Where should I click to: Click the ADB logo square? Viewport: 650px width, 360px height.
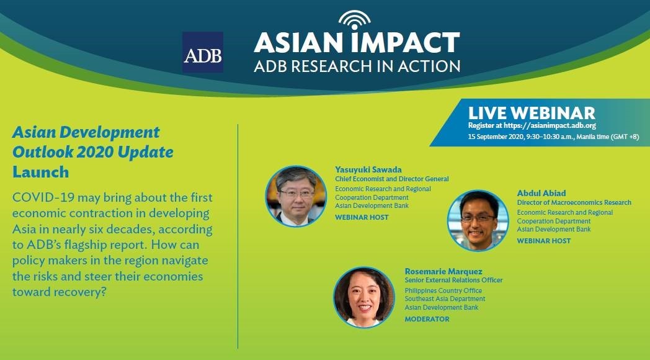[x=203, y=52]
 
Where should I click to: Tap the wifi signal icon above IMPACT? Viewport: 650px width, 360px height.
[x=354, y=20]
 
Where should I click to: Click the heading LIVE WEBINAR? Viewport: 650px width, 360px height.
[x=532, y=113]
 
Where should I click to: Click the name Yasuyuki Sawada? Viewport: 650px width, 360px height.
[x=368, y=169]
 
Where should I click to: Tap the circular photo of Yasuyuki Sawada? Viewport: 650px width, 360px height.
[x=296, y=196]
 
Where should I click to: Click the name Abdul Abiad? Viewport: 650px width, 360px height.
[x=541, y=193]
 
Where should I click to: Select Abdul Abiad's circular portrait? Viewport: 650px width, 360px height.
[x=478, y=220]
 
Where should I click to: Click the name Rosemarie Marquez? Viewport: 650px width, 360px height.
[x=443, y=272]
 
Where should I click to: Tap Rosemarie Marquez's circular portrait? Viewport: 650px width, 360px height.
[x=364, y=297]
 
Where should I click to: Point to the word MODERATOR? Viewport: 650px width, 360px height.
[x=427, y=319]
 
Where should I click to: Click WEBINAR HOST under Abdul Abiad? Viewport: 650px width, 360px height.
[x=543, y=241]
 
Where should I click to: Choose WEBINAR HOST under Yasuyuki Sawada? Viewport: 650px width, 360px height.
[x=362, y=217]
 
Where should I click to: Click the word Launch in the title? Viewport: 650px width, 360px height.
[x=41, y=172]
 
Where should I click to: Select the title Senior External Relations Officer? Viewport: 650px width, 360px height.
[x=453, y=281]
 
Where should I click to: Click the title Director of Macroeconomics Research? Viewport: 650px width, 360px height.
[x=574, y=203]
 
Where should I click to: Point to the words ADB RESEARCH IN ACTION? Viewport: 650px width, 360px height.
[x=357, y=66]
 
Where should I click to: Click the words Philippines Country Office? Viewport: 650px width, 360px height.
[x=443, y=290]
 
